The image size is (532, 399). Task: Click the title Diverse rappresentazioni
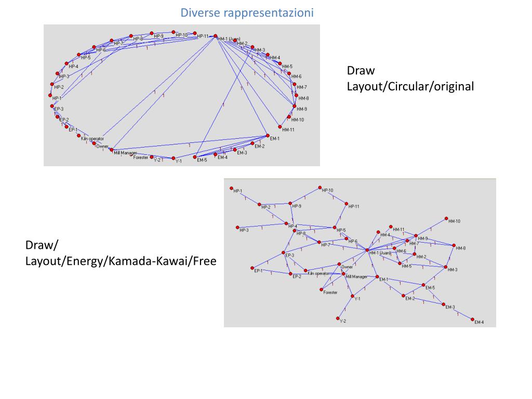247,12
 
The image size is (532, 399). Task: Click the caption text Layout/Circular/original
410,86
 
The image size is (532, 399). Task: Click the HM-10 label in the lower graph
454,221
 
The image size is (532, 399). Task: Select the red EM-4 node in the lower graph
473,319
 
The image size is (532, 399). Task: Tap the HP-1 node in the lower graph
231,188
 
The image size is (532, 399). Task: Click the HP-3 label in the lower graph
244,230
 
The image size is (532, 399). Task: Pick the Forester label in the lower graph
330,292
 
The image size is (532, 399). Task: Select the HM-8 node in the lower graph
454,245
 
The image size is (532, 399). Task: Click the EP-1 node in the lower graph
252,268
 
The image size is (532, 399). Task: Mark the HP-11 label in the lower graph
354,207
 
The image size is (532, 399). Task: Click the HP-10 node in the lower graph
320,188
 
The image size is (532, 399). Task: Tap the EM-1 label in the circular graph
275,138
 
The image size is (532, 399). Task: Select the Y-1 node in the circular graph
174,158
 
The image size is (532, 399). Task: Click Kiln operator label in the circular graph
92,139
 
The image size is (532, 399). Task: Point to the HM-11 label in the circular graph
288,130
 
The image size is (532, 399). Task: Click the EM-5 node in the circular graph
195,156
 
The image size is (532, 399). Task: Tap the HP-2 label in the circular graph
59,87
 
